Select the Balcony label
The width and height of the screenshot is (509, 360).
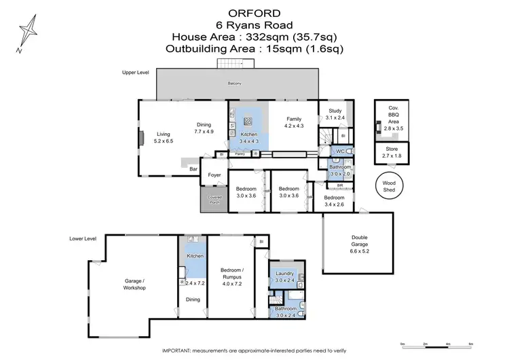234,83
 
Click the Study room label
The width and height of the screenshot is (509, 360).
335,110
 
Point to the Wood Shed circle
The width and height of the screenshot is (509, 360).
388,185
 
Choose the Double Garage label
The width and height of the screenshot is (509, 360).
360,241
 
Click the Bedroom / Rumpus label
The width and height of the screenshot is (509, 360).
231,274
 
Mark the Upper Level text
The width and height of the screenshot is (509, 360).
135,72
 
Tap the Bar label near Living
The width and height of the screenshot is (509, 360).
193,168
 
